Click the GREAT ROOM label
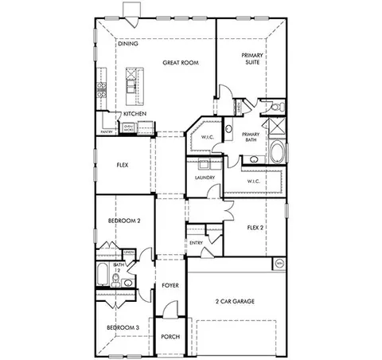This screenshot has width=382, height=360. pyautogui.click(x=180, y=61)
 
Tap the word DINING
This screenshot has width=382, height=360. pyautogui.click(x=128, y=44)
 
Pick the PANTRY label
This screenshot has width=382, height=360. pyautogui.click(x=105, y=131)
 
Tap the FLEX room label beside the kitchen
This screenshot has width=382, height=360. pyautogui.click(x=123, y=166)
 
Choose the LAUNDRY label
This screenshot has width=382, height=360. pyautogui.click(x=205, y=178)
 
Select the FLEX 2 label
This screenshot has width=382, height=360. pyautogui.click(x=255, y=228)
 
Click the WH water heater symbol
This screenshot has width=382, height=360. pyautogui.click(x=279, y=262)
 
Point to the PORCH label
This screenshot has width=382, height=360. pyautogui.click(x=170, y=337)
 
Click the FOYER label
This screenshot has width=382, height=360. pyautogui.click(x=170, y=284)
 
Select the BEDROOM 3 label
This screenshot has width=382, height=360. pyautogui.click(x=123, y=327)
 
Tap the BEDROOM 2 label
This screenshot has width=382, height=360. pyautogui.click(x=124, y=221)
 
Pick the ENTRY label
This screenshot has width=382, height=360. pyautogui.click(x=196, y=244)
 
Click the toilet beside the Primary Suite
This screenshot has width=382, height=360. pyautogui.click(x=272, y=105)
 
